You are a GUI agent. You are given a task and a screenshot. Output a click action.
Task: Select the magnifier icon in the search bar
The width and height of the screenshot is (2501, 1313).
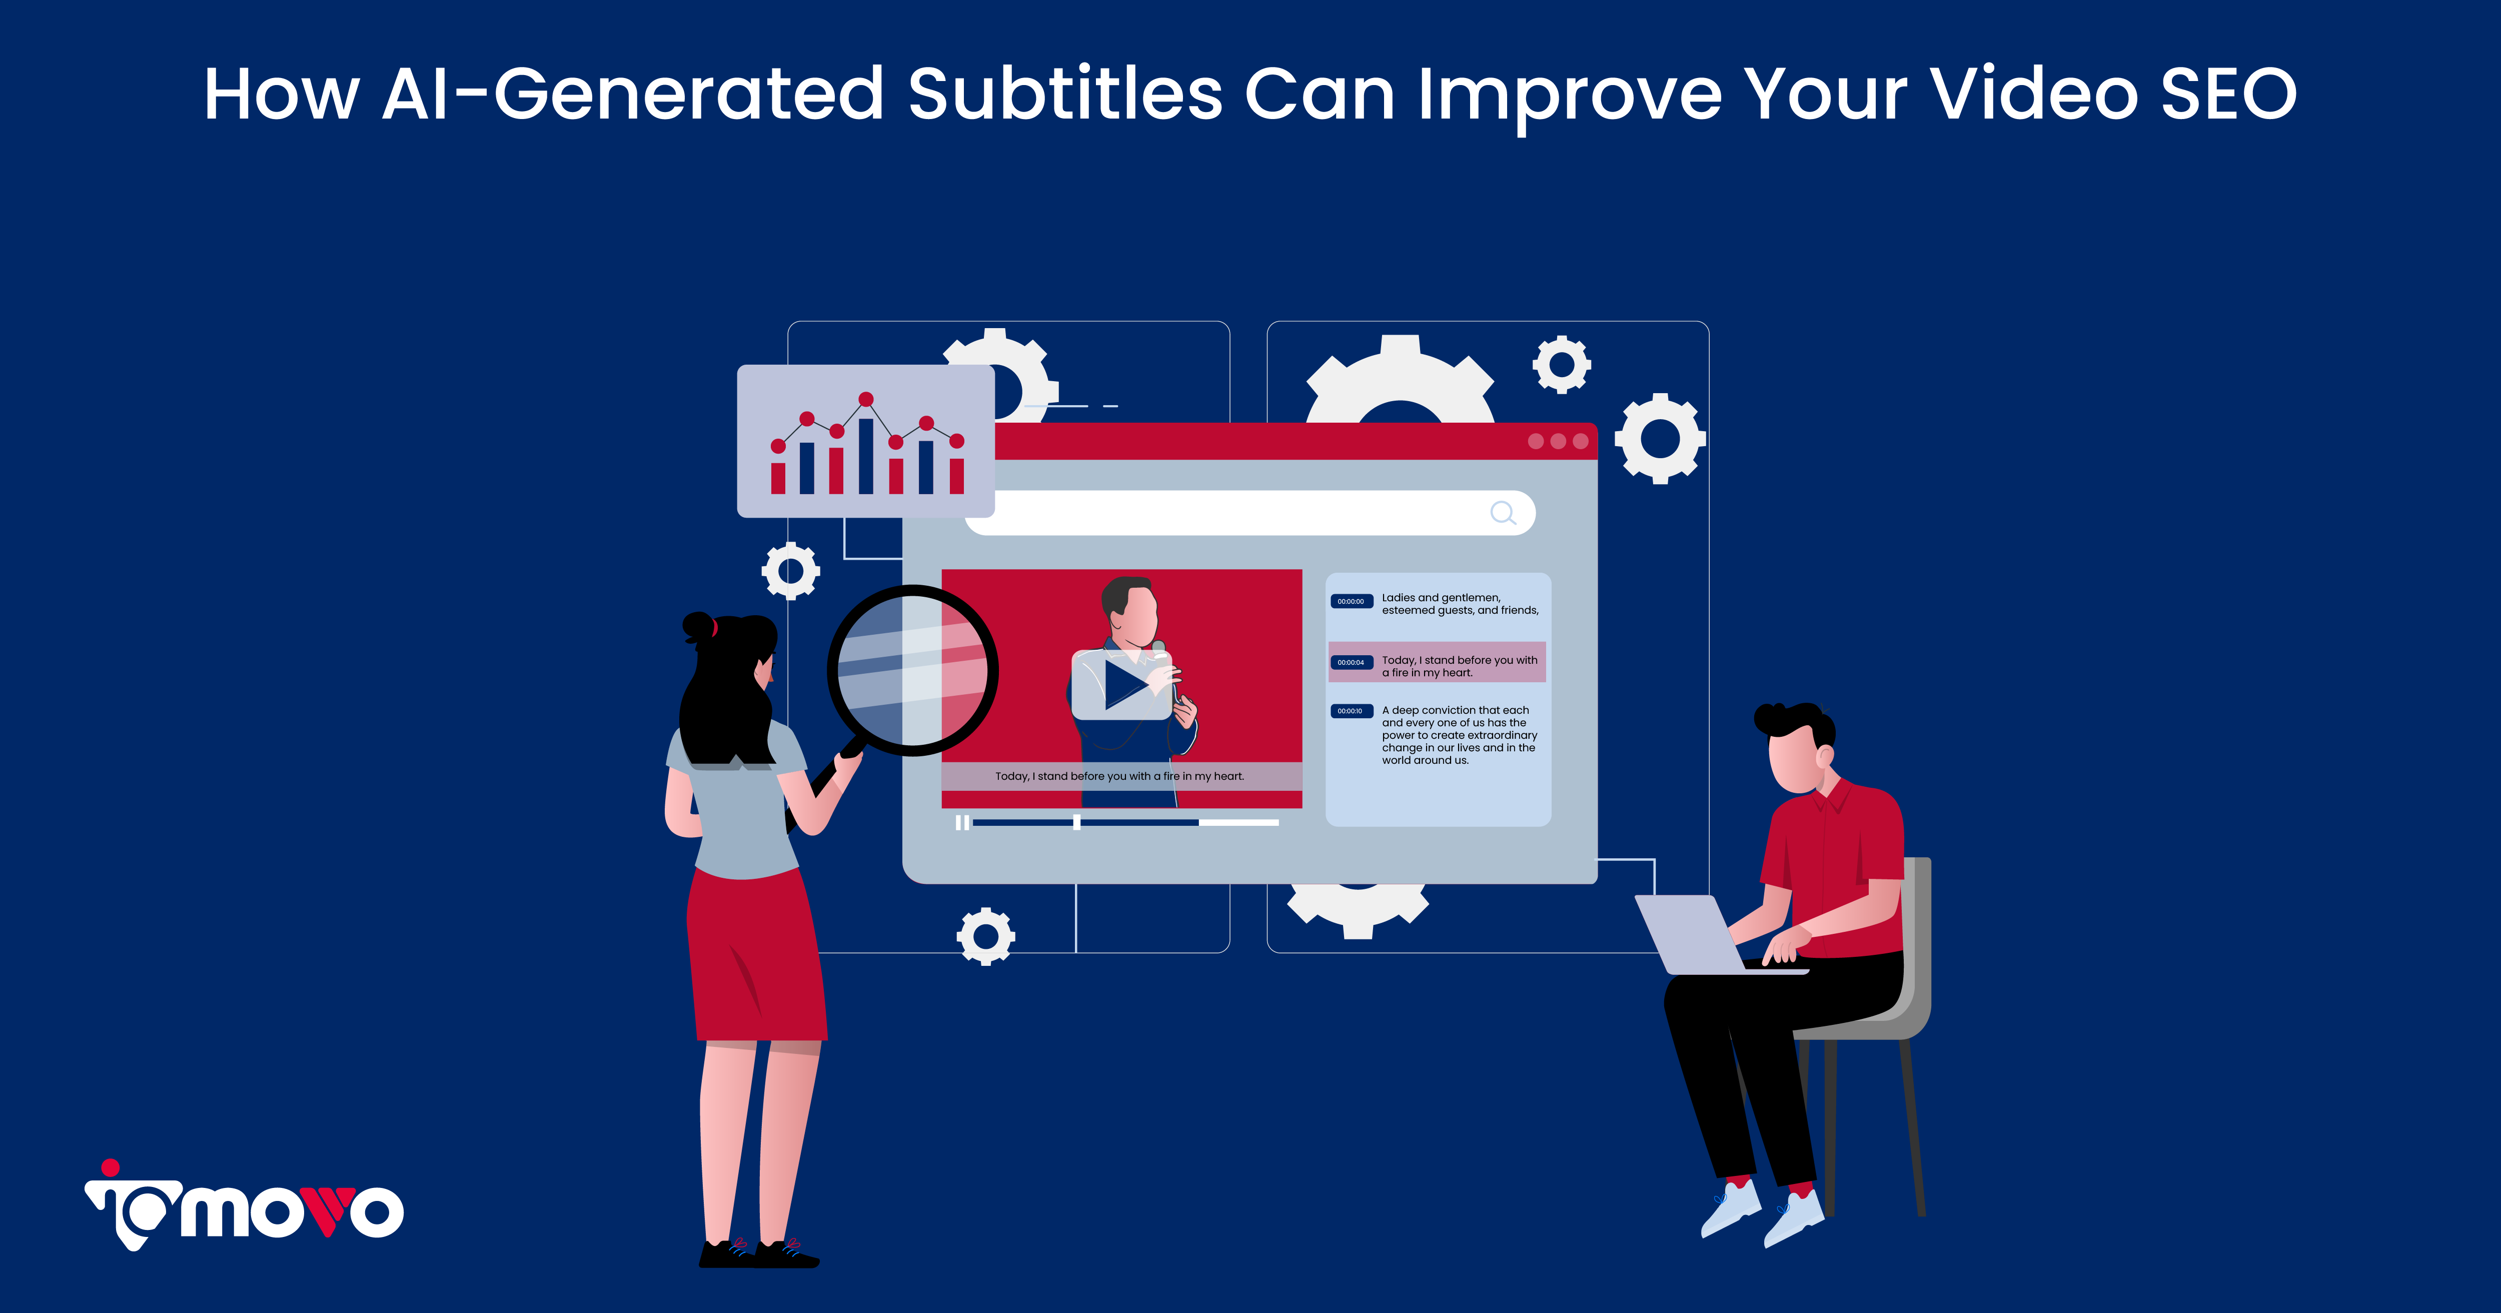[x=1503, y=513]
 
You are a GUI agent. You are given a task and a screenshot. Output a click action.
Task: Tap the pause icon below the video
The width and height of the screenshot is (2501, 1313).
[x=961, y=823]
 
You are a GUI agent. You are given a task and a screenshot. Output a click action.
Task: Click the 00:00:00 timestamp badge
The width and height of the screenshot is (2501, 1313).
[x=1351, y=601]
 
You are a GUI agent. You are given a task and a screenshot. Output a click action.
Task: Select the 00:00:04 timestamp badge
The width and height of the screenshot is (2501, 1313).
[x=1351, y=662]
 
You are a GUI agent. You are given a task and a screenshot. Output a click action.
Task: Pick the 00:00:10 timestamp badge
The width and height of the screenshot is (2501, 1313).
[x=1351, y=711]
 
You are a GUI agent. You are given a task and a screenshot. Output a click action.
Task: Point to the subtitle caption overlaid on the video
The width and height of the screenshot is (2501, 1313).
[x=1119, y=776]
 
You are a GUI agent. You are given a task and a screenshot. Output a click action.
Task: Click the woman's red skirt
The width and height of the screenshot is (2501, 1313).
[x=757, y=956]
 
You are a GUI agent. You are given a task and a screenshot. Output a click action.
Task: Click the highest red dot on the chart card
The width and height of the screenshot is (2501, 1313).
[x=866, y=399]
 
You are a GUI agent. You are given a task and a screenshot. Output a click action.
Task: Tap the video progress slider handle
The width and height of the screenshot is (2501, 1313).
[x=1077, y=823]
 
